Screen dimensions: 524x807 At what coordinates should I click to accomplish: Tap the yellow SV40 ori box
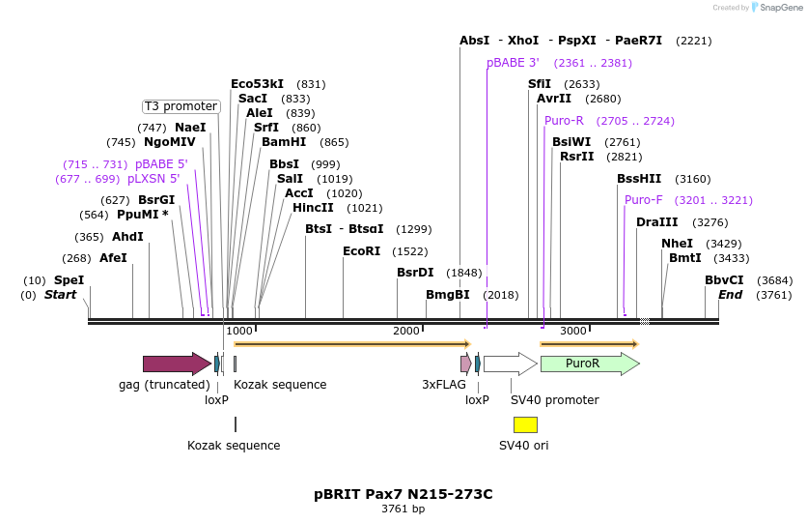click(525, 424)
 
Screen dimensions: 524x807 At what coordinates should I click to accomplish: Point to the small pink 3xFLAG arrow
click(465, 364)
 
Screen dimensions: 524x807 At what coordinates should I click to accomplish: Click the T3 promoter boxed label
click(181, 106)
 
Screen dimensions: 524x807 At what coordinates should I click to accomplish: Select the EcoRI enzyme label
click(362, 250)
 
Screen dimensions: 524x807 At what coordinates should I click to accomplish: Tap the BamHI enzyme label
click(284, 142)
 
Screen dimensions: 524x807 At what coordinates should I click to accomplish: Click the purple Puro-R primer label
click(564, 121)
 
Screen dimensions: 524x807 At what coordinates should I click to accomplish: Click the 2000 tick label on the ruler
click(406, 331)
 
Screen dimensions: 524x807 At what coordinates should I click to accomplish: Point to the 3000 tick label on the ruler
click(573, 331)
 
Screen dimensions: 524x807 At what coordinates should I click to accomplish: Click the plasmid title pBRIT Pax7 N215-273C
click(403, 494)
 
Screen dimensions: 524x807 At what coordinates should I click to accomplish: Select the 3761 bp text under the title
click(403, 509)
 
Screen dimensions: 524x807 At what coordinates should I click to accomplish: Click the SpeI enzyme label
click(70, 280)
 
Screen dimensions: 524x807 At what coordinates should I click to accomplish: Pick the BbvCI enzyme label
click(724, 280)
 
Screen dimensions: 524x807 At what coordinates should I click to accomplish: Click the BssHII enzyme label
click(639, 178)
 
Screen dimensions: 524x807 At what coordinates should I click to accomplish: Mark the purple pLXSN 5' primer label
click(153, 179)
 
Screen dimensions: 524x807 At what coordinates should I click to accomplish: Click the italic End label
click(730, 294)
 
